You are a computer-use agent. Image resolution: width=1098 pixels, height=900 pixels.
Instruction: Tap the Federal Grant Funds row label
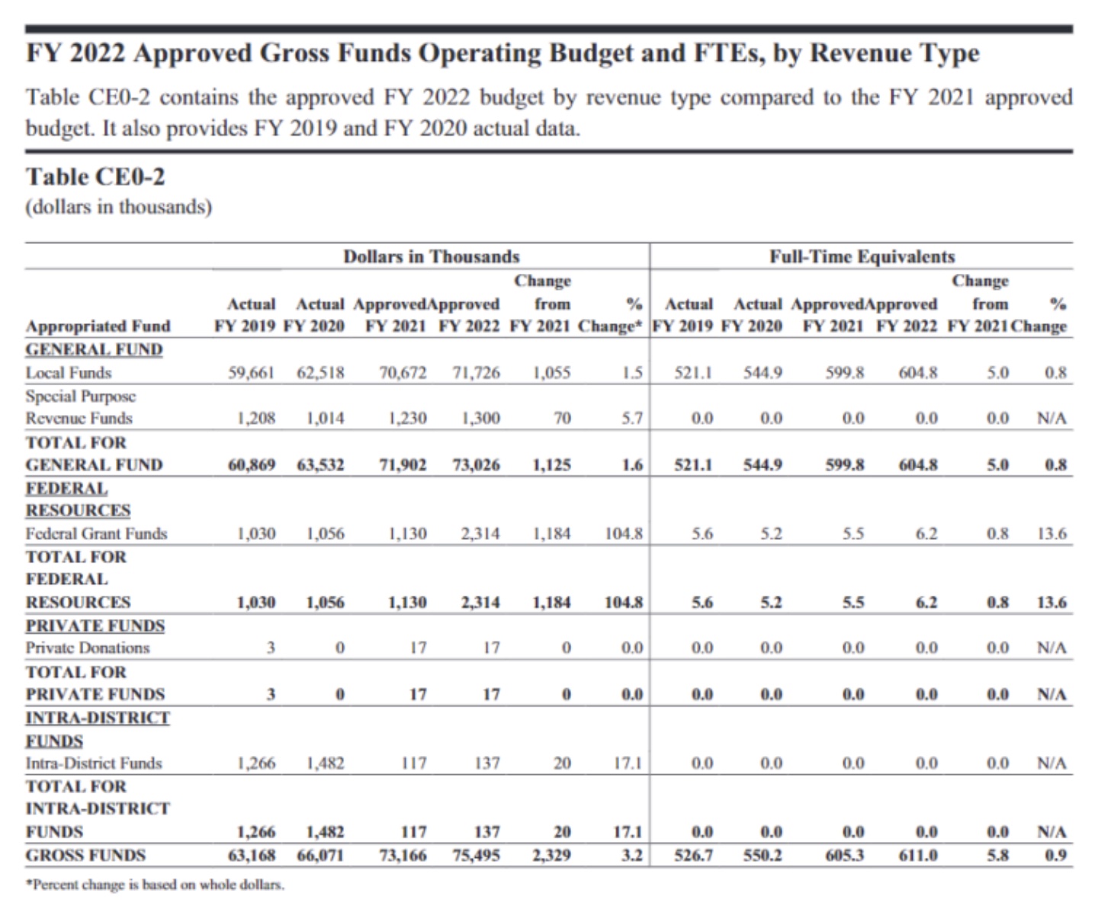point(96,533)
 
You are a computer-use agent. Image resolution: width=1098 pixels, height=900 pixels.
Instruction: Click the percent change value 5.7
point(631,418)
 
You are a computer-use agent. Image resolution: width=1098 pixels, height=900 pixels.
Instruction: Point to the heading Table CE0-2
point(95,177)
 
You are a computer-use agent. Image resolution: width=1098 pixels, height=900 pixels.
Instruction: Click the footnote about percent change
point(155,885)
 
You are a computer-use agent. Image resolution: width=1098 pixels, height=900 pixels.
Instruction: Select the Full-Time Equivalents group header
point(862,256)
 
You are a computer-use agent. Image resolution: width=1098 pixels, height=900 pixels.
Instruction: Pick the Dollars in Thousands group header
point(431,256)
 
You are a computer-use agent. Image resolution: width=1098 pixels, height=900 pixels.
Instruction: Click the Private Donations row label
point(88,648)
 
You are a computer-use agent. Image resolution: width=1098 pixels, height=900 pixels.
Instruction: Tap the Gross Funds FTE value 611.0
point(917,855)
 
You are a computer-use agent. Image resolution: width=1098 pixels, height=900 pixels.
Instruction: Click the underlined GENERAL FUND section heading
point(94,349)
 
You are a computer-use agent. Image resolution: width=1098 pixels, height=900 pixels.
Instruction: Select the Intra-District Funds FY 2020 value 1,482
point(325,763)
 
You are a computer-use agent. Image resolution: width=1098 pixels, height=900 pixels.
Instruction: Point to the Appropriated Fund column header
point(98,326)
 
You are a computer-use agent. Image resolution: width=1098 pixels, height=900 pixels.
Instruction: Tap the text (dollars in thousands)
point(118,207)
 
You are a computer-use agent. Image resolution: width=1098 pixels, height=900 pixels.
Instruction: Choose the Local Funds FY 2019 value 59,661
point(252,373)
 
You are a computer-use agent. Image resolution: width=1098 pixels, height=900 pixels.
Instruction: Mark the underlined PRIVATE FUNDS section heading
point(95,625)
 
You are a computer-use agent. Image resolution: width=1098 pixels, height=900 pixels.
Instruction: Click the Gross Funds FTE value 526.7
point(693,855)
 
